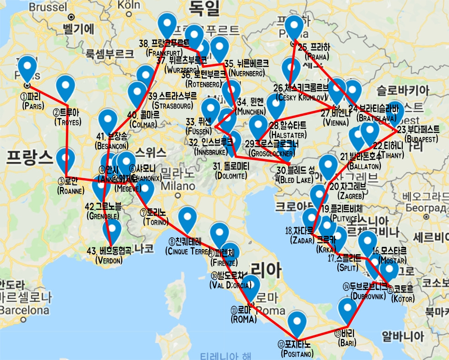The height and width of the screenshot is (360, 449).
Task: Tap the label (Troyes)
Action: pos(67,122)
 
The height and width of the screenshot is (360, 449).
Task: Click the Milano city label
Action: pos(177,186)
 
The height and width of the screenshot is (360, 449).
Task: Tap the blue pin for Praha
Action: pos(294,27)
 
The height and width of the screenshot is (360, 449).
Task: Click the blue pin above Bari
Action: pos(347,311)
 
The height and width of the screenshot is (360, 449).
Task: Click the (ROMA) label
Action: pos(244,319)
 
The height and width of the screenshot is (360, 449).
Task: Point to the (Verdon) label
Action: pos(109,261)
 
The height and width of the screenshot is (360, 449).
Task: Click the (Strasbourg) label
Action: pos(170,106)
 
